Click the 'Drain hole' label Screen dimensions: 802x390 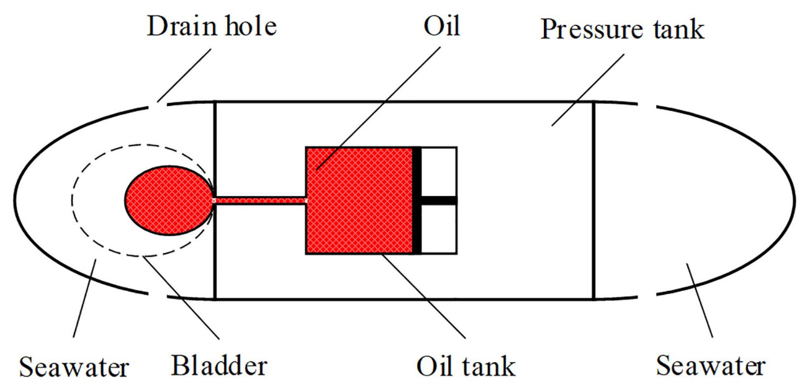pyautogui.click(x=212, y=26)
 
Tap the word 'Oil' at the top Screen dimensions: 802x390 pyautogui.click(x=441, y=26)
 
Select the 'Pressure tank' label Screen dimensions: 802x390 pyautogui.click(x=622, y=29)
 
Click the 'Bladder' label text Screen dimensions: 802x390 pyautogui.click(x=219, y=365)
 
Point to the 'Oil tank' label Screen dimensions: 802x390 pyautogui.click(x=466, y=366)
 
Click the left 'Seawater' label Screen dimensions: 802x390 pyautogui.click(x=74, y=367)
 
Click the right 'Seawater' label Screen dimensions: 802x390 pyautogui.click(x=711, y=365)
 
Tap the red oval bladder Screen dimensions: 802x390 pyautogui.click(x=169, y=200)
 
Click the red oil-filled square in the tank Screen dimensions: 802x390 pyautogui.click(x=359, y=200)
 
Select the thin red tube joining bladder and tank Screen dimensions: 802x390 pyautogui.click(x=260, y=200)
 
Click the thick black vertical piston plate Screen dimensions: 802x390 pyautogui.click(x=417, y=200)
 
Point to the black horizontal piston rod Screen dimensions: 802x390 pyautogui.click(x=439, y=200)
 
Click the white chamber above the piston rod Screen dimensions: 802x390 pyautogui.click(x=439, y=172)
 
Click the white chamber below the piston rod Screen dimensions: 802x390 pyautogui.click(x=439, y=229)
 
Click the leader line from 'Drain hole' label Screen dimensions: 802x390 pyautogui.click(x=184, y=76)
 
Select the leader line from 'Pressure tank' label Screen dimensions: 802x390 pyautogui.click(x=588, y=90)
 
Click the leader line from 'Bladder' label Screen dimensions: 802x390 pyautogui.click(x=181, y=298)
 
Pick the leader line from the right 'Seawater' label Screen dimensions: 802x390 pyautogui.click(x=700, y=300)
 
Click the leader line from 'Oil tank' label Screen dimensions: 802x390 pyautogui.click(x=423, y=296)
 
